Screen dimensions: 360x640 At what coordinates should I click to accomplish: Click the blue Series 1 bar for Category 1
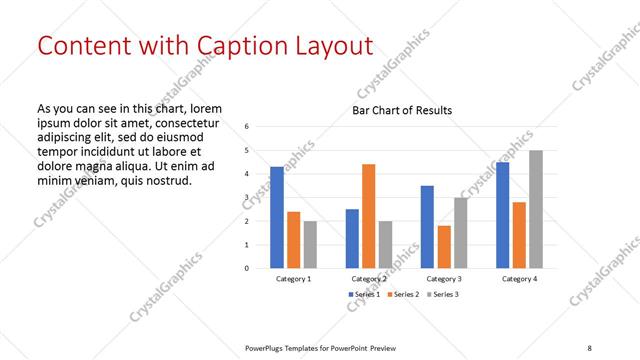[x=276, y=217]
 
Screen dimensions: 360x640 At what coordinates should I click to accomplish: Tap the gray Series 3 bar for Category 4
[x=536, y=209]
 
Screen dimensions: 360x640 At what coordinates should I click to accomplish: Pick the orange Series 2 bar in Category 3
[x=444, y=247]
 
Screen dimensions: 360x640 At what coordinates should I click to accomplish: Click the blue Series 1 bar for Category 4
[x=502, y=215]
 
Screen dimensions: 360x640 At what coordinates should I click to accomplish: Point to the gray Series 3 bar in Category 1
[x=310, y=244]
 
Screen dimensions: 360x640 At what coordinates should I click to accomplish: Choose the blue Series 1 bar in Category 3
[x=427, y=227]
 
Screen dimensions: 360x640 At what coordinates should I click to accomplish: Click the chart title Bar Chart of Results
[x=402, y=110]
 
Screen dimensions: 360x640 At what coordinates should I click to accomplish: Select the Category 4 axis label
[x=519, y=279]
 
